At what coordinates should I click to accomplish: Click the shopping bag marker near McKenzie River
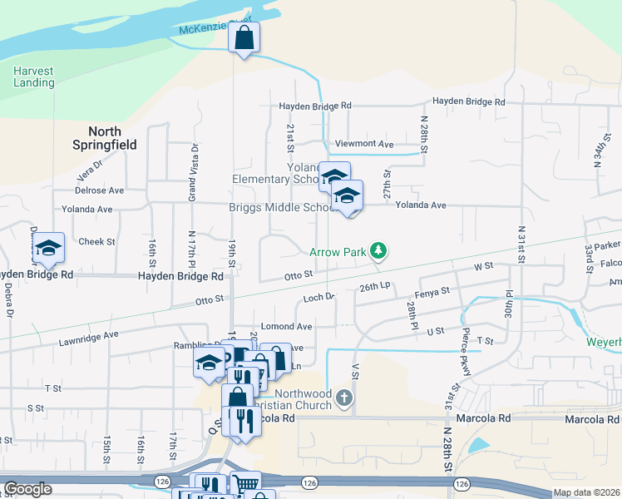[244, 37]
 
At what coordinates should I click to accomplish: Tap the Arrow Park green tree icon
[378, 249]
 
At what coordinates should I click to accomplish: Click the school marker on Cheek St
[49, 248]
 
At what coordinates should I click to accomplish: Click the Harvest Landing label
[34, 77]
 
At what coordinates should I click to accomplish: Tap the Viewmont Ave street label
[364, 144]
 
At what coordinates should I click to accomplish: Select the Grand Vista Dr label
[192, 173]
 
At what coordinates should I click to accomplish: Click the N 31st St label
[522, 244]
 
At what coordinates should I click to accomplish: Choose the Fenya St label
[432, 291]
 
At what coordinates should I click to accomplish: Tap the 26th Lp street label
[374, 287]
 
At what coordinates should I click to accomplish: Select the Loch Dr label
[318, 297]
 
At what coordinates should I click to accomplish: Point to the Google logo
[27, 489]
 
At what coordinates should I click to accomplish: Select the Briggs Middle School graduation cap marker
[347, 196]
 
